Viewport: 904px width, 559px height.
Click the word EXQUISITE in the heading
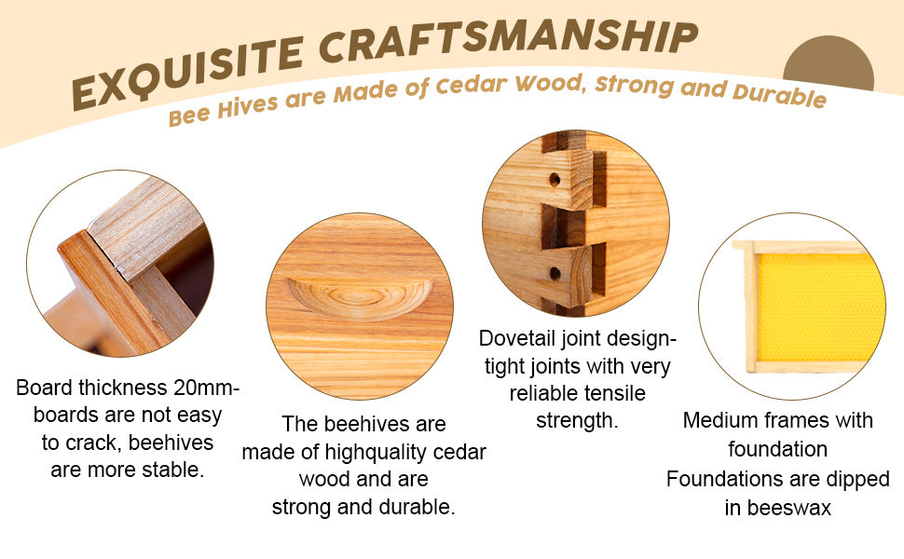(188, 73)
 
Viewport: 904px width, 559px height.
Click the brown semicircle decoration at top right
(829, 64)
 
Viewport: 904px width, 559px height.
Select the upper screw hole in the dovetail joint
(555, 179)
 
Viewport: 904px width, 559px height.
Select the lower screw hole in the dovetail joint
(555, 273)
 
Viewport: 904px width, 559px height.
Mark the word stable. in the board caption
(173, 470)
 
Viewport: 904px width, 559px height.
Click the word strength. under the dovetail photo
(577, 421)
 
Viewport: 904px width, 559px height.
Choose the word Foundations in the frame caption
(716, 480)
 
